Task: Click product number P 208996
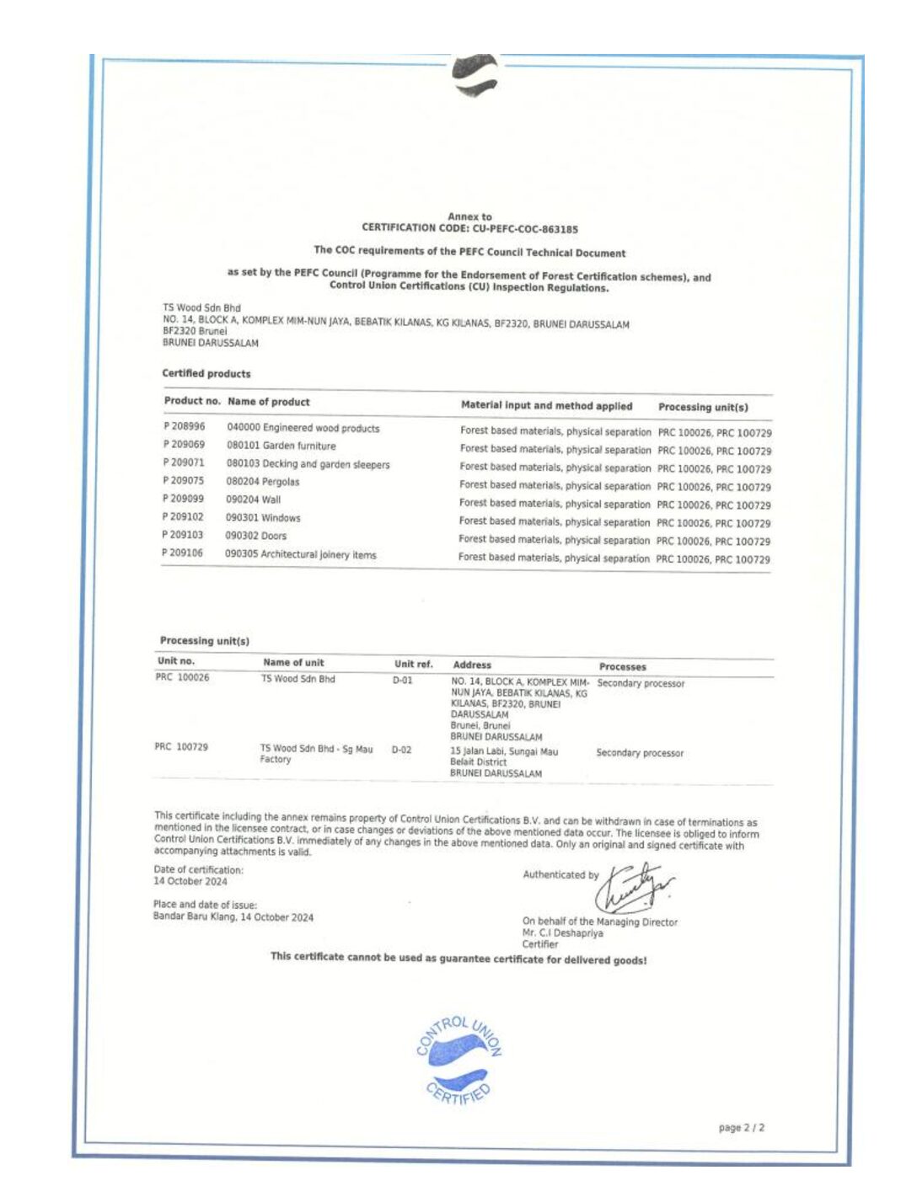[x=185, y=426]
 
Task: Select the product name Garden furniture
[x=299, y=446]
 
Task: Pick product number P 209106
[x=182, y=553]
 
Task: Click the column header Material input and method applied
[x=546, y=405]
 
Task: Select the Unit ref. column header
[x=413, y=664]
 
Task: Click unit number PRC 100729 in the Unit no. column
[x=181, y=746]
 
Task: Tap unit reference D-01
[x=402, y=680]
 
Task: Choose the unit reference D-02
[x=401, y=749]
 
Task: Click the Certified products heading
[x=206, y=373]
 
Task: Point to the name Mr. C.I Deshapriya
[x=562, y=932]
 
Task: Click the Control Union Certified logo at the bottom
[x=459, y=1060]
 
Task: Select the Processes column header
[x=622, y=666]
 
